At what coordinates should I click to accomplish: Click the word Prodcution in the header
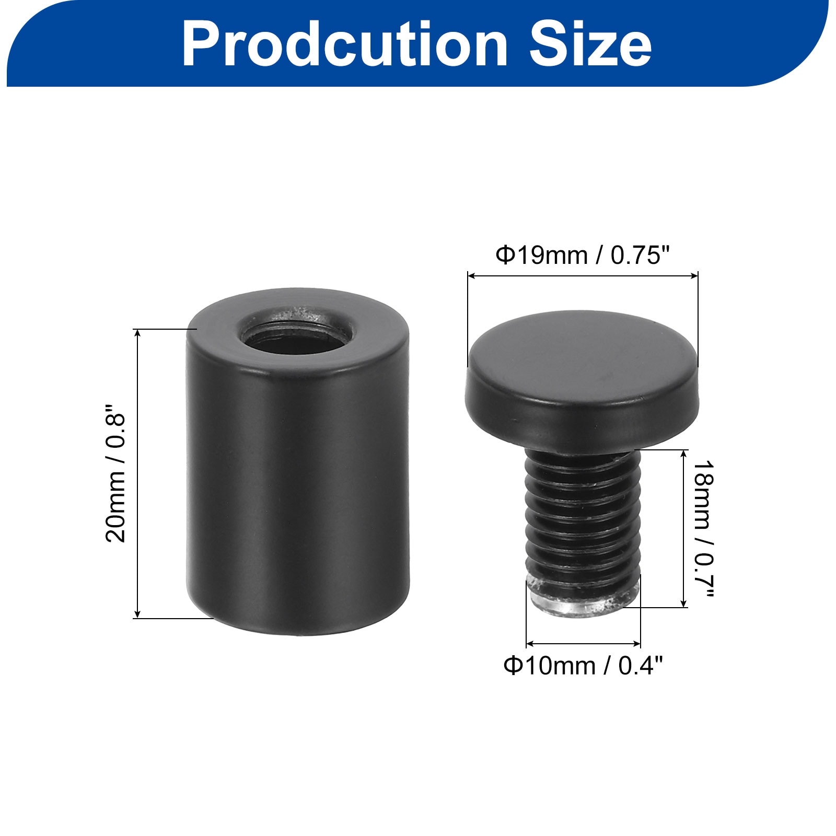345,45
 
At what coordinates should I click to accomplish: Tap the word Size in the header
590,45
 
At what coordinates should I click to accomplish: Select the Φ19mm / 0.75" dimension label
583,256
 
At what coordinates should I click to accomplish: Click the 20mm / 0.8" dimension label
116,473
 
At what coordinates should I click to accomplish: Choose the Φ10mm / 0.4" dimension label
583,666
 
